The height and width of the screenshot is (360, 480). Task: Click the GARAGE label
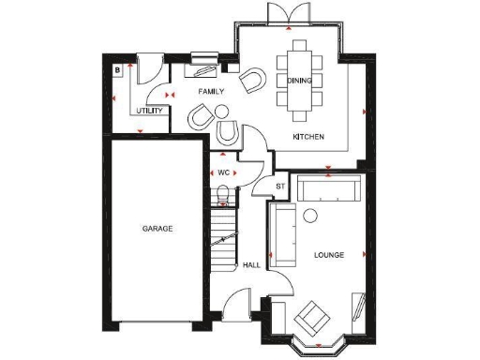tap(157, 229)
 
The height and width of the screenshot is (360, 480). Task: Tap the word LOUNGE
tap(328, 254)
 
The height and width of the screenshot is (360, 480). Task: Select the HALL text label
tap(251, 265)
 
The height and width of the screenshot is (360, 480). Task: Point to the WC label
tap(224, 173)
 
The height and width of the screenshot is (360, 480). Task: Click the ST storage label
tap(279, 186)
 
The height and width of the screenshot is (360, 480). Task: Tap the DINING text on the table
tap(299, 81)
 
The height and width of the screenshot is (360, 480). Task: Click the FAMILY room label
tap(211, 92)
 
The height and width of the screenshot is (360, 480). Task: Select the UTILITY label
tap(150, 111)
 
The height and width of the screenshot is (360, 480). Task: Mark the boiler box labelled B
tap(118, 69)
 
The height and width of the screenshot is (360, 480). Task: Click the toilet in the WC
tap(223, 195)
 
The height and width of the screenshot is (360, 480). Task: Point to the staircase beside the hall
tap(223, 239)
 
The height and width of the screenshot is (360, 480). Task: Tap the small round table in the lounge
tap(310, 215)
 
